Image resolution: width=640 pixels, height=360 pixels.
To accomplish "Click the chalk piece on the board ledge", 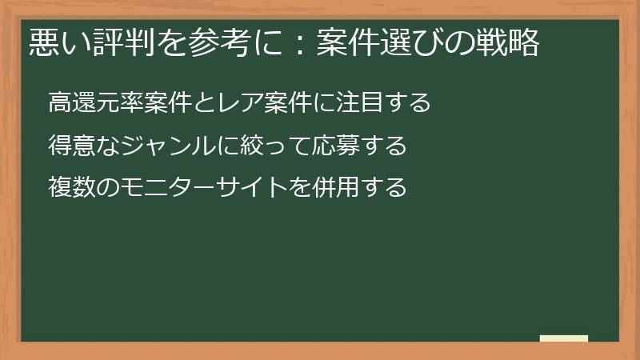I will pos(564,338).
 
